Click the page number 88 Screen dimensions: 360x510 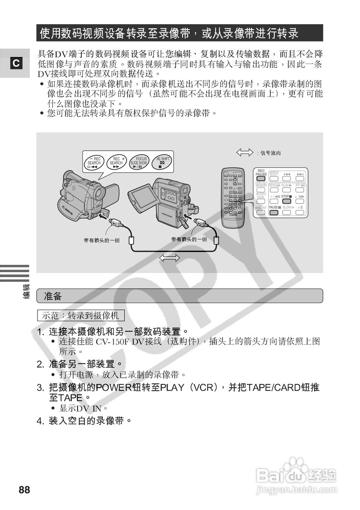tap(24, 490)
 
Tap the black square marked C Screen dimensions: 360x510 tap(16, 63)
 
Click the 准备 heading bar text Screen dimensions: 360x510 tap(53, 296)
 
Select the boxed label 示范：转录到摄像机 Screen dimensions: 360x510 tap(81, 316)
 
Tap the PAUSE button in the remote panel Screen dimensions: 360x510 tap(273, 210)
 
